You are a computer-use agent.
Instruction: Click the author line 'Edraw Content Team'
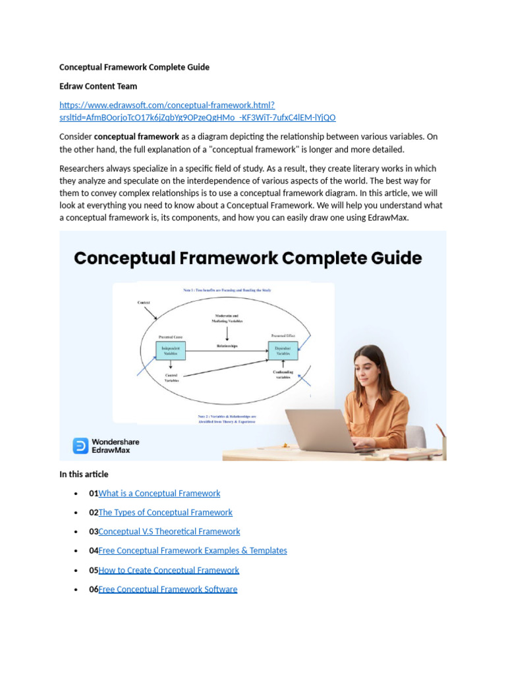(98, 86)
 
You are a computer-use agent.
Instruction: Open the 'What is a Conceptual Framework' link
(159, 493)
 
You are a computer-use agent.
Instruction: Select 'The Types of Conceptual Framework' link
(165, 512)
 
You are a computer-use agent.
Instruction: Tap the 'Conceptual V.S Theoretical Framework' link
(169, 531)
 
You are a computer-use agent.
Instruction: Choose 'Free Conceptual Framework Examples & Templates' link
(192, 550)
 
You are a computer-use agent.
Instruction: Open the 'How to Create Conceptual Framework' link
(168, 570)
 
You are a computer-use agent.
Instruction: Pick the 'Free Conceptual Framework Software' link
(167, 589)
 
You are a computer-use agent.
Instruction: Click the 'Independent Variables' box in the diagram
(171, 350)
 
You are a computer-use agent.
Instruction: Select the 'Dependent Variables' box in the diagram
(283, 350)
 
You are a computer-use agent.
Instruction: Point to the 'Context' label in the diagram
(144, 302)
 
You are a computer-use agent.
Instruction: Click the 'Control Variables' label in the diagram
(171, 378)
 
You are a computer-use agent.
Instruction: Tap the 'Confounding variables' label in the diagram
(283, 375)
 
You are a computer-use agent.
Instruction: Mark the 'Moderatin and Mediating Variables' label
(227, 319)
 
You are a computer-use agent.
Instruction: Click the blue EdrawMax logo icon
(80, 446)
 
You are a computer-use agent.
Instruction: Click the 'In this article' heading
(84, 474)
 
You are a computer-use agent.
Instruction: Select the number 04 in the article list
(94, 550)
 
